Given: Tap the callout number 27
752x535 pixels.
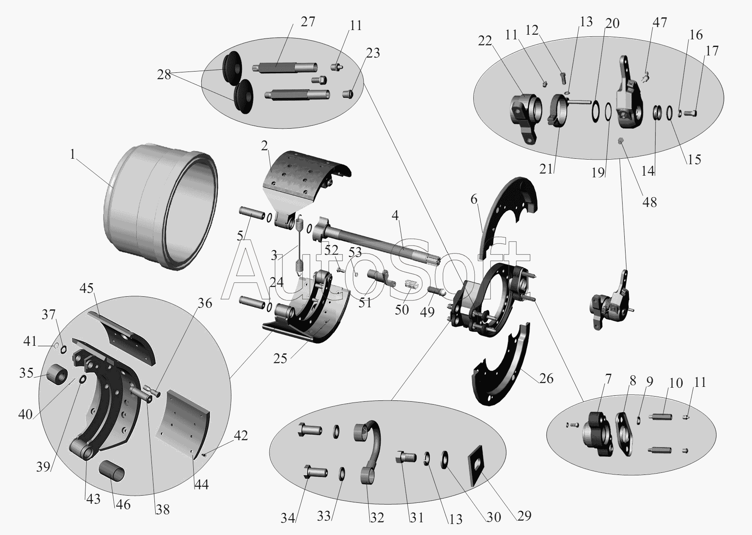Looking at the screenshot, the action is tap(307, 22).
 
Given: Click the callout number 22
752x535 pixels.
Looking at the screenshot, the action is tap(486, 41).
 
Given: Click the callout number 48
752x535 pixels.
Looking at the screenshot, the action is tap(650, 202).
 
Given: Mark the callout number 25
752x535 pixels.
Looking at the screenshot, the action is tap(280, 359).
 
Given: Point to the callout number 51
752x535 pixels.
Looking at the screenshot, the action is tap(365, 303).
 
